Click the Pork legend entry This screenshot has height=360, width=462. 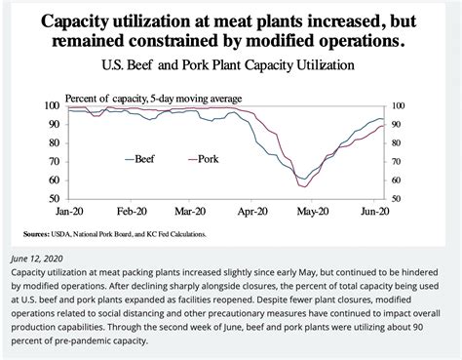click(207, 158)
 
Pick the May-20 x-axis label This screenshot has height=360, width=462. click(318, 210)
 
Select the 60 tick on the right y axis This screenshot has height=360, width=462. click(397, 180)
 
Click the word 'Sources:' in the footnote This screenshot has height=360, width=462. click(42, 233)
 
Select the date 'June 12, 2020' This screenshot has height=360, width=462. click(39, 259)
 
